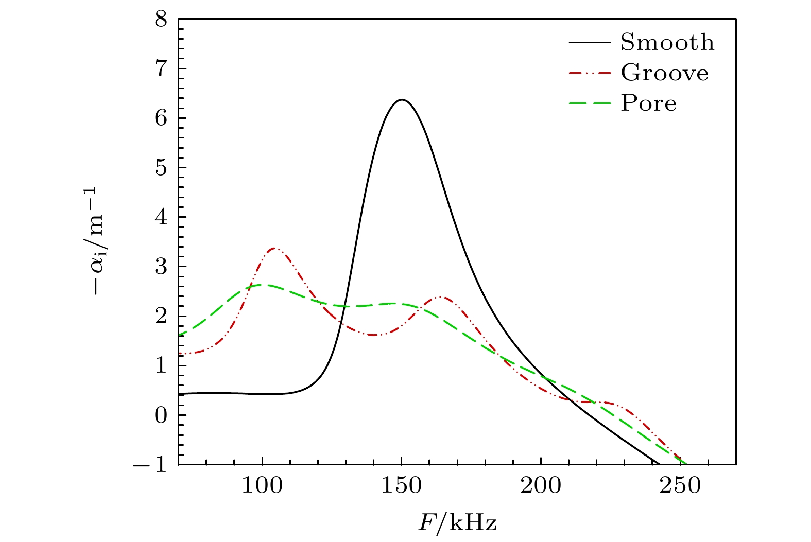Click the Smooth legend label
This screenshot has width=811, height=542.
tap(667, 43)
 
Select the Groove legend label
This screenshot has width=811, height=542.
tap(664, 73)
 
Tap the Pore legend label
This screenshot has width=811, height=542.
tap(648, 103)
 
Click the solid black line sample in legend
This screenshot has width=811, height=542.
tap(590, 43)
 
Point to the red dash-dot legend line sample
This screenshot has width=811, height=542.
tap(590, 73)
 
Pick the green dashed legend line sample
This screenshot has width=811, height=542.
tap(590, 103)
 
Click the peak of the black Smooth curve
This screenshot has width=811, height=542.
tap(402, 99)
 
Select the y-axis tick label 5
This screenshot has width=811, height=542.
tap(161, 168)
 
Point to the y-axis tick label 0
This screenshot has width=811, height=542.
tap(161, 415)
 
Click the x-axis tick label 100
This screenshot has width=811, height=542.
tap(262, 486)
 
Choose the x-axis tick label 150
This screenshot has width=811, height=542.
tap(402, 486)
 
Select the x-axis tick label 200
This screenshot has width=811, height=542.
tap(541, 486)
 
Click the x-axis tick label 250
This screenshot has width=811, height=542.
tap(680, 486)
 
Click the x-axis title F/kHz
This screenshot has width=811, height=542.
tap(457, 523)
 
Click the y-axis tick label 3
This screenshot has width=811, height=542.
tap(161, 267)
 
